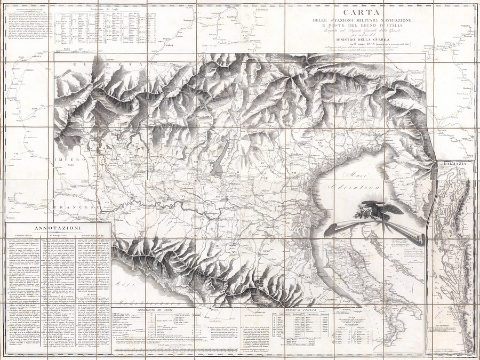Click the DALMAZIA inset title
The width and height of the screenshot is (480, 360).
452,164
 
